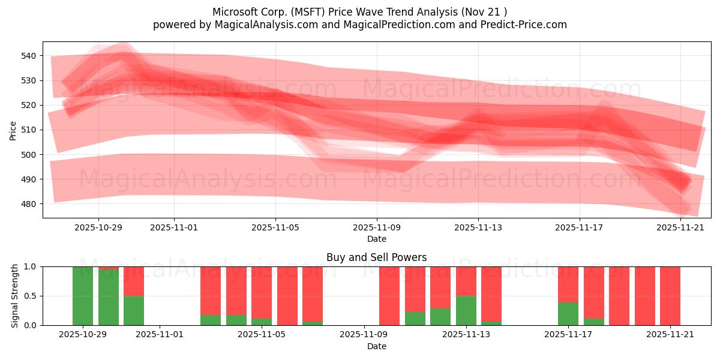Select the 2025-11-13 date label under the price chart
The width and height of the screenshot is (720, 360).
478,228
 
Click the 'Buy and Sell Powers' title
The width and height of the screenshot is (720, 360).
376,257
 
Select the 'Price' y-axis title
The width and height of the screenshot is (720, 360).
13,130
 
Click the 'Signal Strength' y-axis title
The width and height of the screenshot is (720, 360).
15,296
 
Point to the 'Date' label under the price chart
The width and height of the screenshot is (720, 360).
376,239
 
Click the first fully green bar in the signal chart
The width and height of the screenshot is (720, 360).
83,296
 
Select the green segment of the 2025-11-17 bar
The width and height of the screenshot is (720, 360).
568,314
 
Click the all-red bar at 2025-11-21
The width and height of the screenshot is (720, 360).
670,296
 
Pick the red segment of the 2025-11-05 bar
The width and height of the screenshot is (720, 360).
262,292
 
